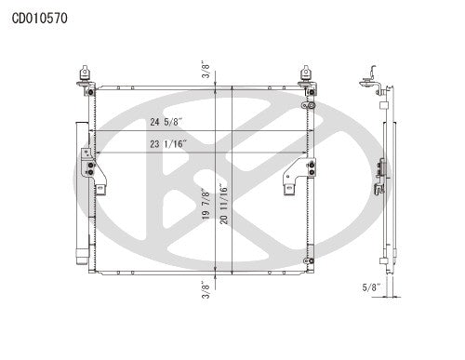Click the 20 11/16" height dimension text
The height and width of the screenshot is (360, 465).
[225, 203]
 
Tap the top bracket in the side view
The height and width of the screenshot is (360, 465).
[375, 78]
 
